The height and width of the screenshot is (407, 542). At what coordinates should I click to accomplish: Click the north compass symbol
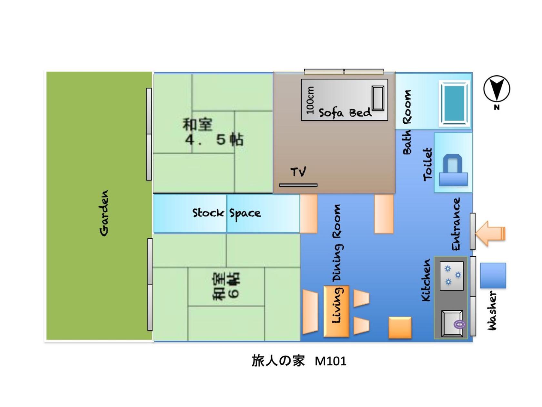(x=496, y=89)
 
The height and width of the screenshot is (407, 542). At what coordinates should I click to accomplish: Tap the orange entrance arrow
(x=490, y=234)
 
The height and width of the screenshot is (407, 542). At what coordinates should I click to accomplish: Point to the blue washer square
(x=493, y=275)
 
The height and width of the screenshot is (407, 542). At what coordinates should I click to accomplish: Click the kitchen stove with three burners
(x=451, y=276)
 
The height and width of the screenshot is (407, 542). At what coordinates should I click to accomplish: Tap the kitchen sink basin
(x=452, y=323)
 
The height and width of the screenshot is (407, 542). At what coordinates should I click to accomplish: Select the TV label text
(x=298, y=172)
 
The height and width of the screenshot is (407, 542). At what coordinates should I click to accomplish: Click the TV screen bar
(x=298, y=185)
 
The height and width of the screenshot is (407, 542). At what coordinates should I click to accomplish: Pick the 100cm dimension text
(x=310, y=100)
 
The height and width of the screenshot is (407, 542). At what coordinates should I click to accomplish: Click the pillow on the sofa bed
(x=378, y=98)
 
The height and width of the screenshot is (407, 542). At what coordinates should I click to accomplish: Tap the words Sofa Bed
(x=345, y=113)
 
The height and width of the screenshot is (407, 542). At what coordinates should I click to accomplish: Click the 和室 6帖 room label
(x=226, y=286)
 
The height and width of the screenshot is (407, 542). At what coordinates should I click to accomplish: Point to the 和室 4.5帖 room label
(x=213, y=132)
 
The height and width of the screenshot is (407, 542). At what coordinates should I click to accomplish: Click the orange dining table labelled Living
(x=336, y=311)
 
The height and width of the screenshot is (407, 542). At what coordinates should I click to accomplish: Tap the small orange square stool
(x=400, y=328)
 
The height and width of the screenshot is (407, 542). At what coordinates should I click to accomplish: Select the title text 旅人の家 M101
(x=299, y=361)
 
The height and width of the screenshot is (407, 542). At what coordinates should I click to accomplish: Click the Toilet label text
(x=428, y=164)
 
